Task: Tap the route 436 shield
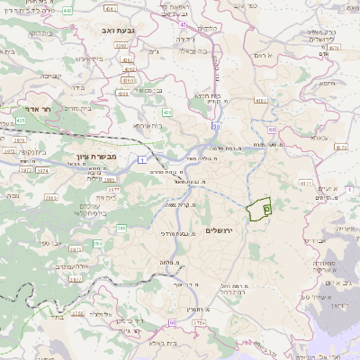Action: click(x=167, y=112)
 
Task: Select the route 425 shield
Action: click(x=20, y=119)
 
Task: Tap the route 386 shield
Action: click(x=121, y=229)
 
